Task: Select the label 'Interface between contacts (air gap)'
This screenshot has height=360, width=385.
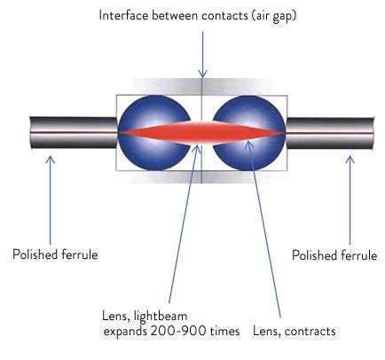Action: click(x=203, y=15)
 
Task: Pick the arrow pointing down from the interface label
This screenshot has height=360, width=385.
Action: click(x=203, y=53)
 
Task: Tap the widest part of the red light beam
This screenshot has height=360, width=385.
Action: click(x=202, y=132)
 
